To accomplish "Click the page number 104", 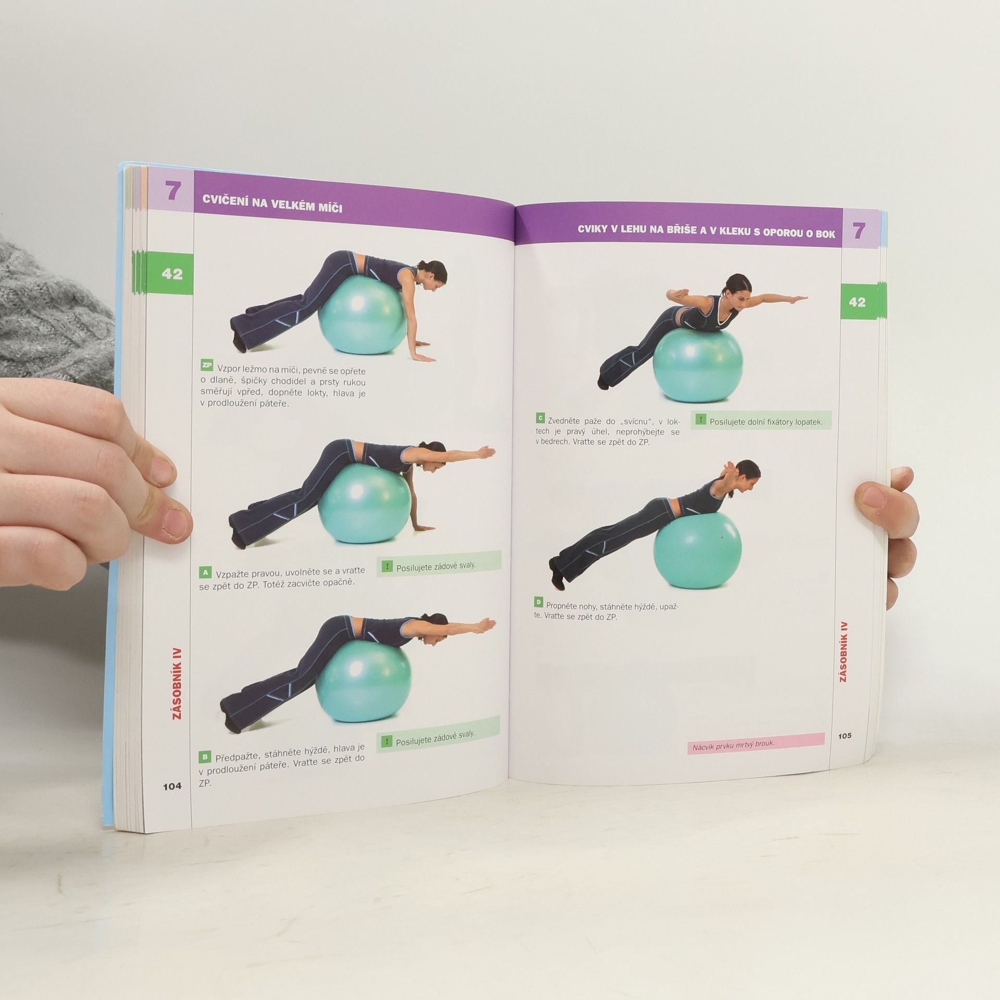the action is coord(172,786).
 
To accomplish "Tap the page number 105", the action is coord(845,735).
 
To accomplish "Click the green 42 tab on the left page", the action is coord(172,274).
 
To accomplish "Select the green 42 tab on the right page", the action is coord(857,302).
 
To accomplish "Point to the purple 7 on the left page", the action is coord(172,192).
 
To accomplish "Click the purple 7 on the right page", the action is coord(859,231).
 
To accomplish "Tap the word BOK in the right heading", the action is coord(826,234).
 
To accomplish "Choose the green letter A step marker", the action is coord(205,573).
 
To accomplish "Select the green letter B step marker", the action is coord(205,757).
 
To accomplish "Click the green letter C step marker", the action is coord(541,418).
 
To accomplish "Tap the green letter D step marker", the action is coord(539,603).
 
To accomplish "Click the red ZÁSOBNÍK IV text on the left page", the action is coord(177,684).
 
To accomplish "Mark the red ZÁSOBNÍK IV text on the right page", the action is coord(844,652).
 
